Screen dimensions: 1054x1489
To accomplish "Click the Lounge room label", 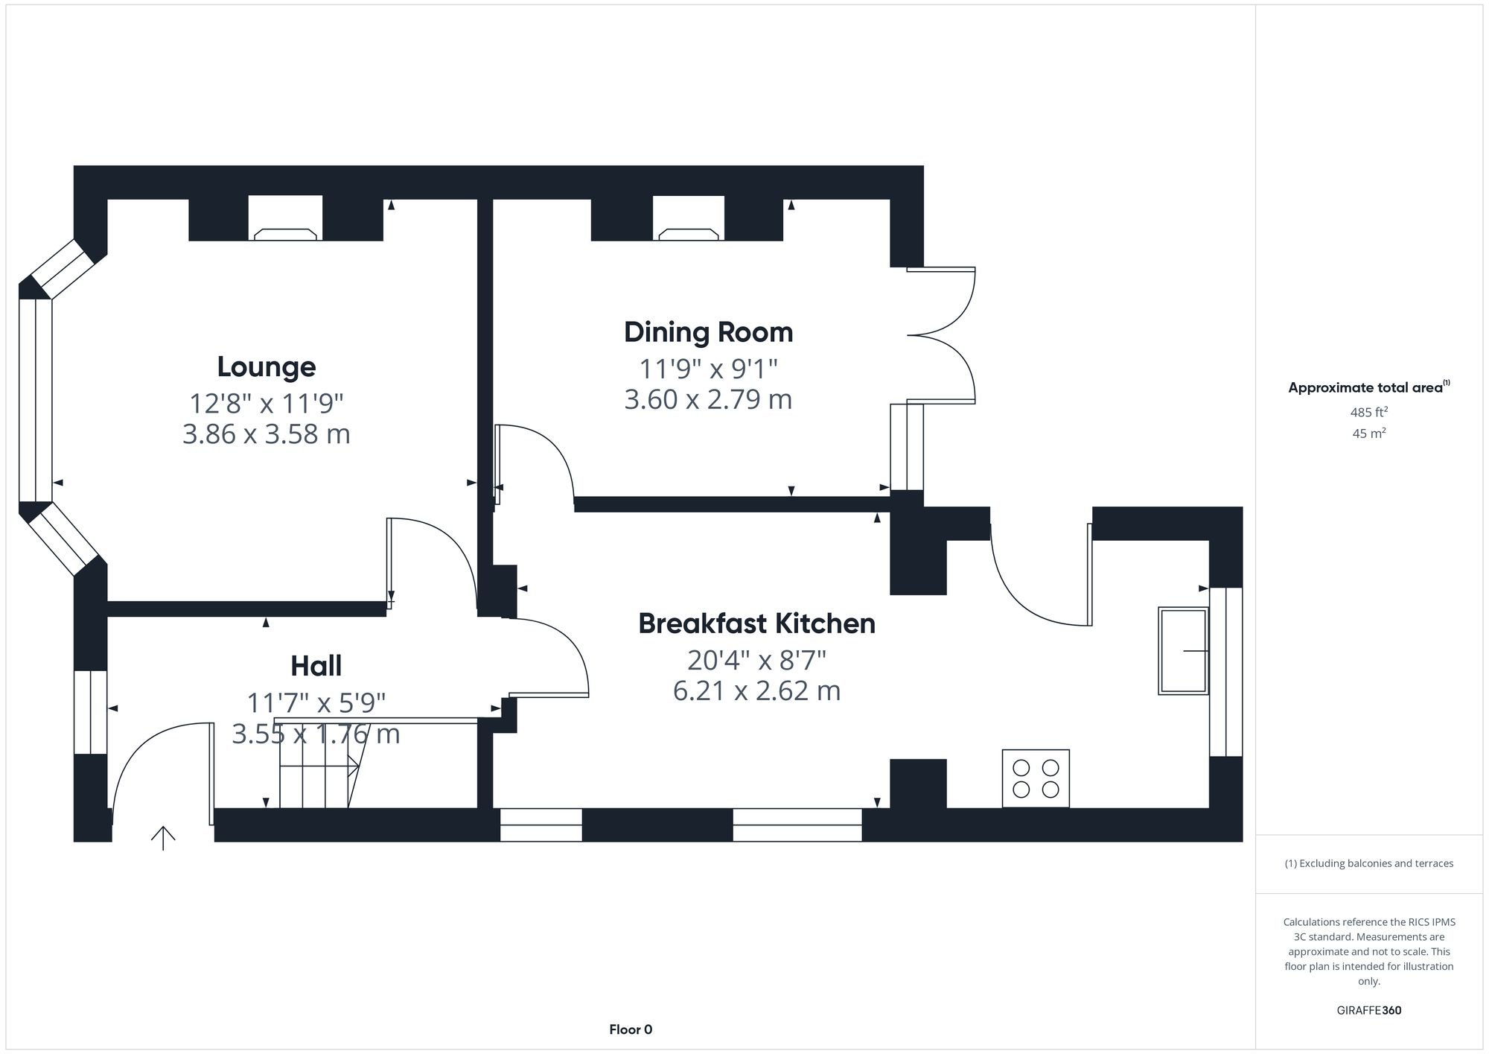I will point(267,366).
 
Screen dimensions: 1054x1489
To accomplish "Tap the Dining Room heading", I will point(708,332).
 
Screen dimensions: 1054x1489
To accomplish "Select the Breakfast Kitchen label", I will point(756,623).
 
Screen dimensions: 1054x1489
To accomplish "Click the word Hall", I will point(316,666).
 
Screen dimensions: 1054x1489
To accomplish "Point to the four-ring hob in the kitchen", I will point(1036,778).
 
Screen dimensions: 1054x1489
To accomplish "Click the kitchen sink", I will point(1182,651).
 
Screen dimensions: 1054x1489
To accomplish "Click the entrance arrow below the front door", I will point(163,838).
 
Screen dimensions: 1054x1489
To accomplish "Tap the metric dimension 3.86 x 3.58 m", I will point(267,434).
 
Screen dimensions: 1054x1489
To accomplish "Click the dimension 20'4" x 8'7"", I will point(756,660).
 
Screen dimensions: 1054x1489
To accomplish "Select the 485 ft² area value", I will point(1368,412).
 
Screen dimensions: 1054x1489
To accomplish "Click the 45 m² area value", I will point(1368,433).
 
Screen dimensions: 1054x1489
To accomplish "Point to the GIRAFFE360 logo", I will point(1368,1010).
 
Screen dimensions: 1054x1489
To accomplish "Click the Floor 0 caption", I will point(631,1029).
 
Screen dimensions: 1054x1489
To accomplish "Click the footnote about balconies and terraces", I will point(1368,863).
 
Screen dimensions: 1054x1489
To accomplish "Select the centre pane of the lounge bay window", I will point(35,400).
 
